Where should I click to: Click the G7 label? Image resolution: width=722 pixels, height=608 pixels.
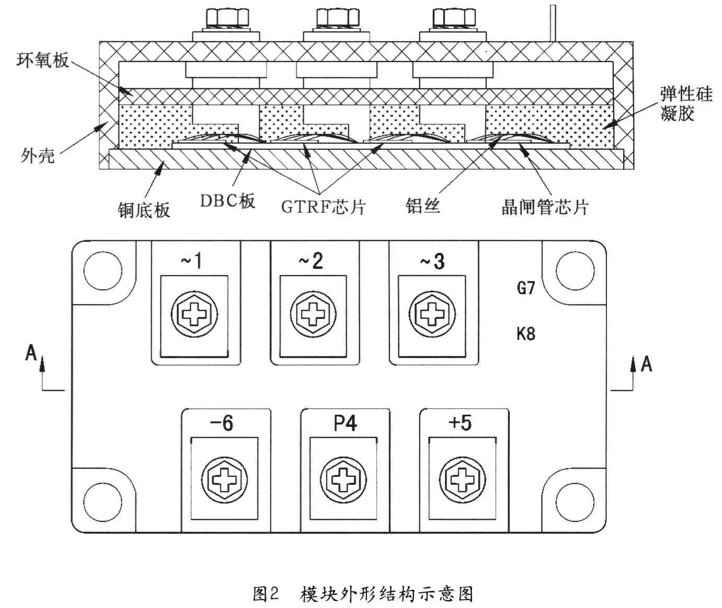[x=526, y=287]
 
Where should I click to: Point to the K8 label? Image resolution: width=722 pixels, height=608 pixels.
[x=526, y=333]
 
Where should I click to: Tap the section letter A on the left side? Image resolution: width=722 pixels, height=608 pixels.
[x=31, y=354]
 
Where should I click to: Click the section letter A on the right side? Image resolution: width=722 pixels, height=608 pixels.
[x=647, y=364]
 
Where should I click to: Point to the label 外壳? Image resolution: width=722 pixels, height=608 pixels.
[x=38, y=155]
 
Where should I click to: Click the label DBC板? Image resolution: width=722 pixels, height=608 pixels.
[x=228, y=201]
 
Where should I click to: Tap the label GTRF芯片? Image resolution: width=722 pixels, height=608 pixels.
[x=323, y=207]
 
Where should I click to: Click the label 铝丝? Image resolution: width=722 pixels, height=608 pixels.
[x=422, y=205]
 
